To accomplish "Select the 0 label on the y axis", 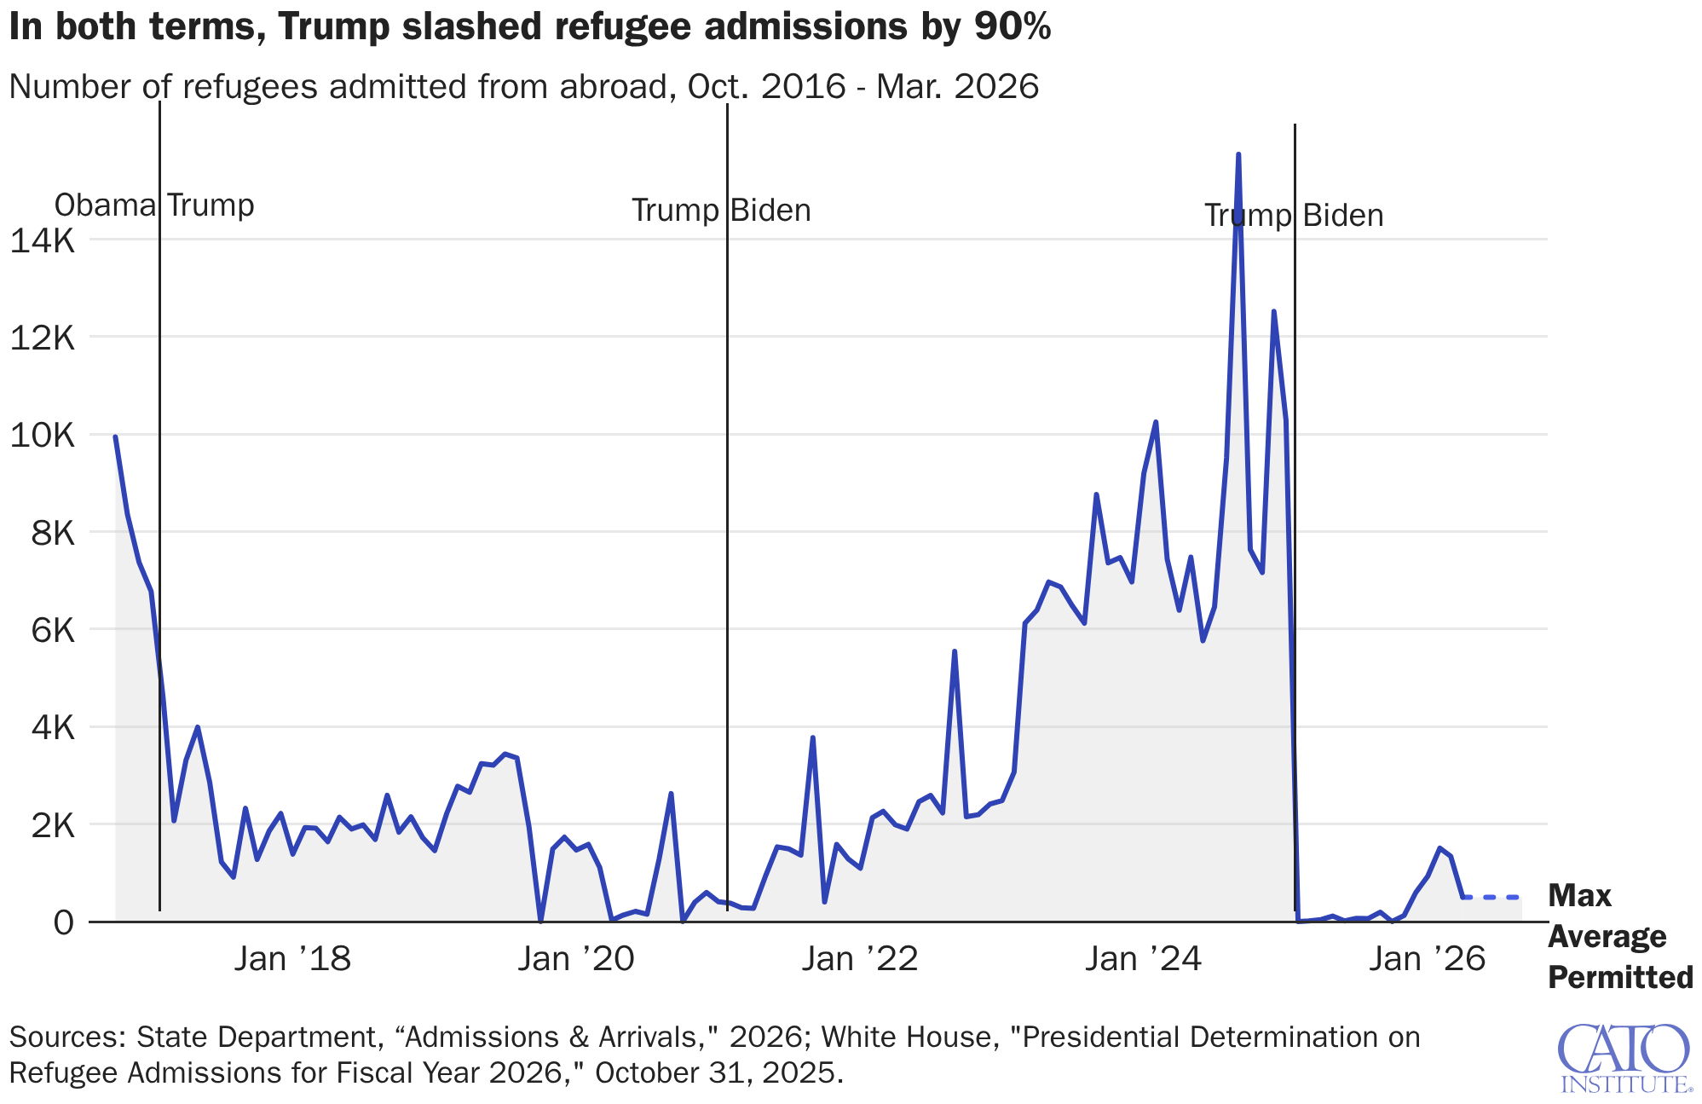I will click(63, 922).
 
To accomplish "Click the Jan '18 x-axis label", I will click(292, 959).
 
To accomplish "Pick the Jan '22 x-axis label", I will click(859, 959).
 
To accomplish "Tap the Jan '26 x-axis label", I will click(1427, 959).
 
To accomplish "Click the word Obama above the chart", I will click(105, 205).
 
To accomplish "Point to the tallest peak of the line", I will click(1238, 155).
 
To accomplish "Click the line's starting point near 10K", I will click(115, 437).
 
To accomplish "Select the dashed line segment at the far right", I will click(1491, 897).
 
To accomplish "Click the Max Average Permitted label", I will click(1619, 936).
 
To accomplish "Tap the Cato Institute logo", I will click(1624, 1058).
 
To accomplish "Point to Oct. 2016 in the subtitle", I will click(760, 87).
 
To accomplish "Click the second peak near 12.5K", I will click(1273, 312).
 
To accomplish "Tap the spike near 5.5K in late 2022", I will click(955, 651).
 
